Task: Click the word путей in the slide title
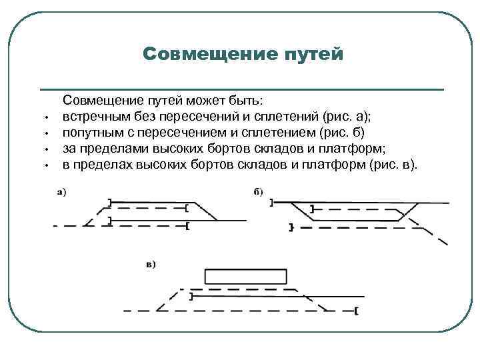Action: pyautogui.click(x=313, y=53)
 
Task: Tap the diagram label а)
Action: pyautogui.click(x=60, y=193)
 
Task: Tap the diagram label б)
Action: pyautogui.click(x=259, y=193)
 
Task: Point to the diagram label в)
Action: pyautogui.click(x=151, y=264)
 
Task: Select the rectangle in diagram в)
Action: pyautogui.click(x=246, y=277)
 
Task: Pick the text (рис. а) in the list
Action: pyautogui.click(x=347, y=116)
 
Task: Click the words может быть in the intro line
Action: pyautogui.click(x=231, y=100)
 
